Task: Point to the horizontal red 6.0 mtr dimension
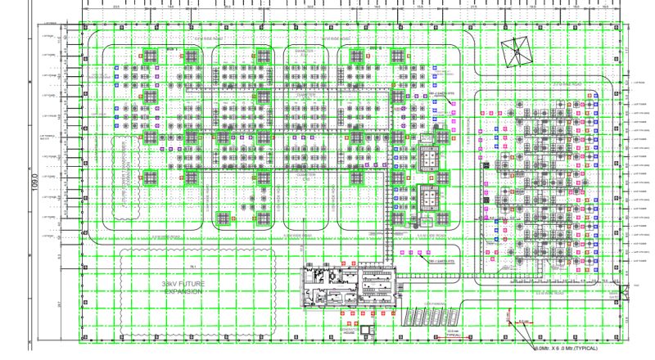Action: (524, 321)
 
